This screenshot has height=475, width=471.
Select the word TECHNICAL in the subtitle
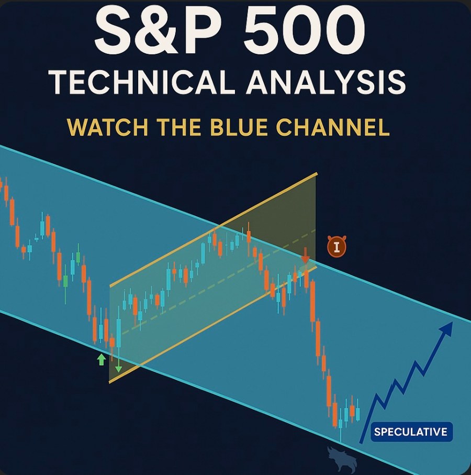coord(142,82)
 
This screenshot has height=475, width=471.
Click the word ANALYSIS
coord(326,82)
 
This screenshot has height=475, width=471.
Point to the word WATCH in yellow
coord(108,127)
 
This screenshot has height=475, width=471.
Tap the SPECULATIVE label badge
coord(411,432)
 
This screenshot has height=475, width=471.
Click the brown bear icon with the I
coord(337,247)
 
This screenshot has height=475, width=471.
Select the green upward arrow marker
coord(102,359)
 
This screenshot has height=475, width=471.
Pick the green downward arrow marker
coord(118,366)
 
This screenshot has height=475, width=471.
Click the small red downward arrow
coord(306,255)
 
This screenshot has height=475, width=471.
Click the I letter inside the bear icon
coord(337,247)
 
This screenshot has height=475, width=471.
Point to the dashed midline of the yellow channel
coord(218,282)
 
